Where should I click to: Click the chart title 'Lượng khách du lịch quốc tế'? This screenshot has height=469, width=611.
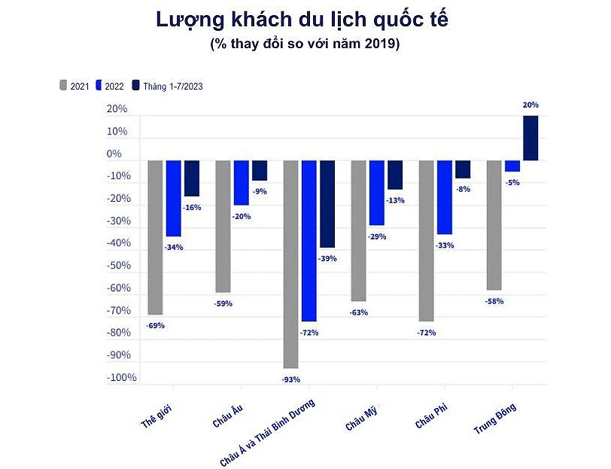(x=305, y=20)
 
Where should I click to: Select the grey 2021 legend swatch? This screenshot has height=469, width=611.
(x=64, y=85)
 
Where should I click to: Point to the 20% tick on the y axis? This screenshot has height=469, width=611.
(x=117, y=109)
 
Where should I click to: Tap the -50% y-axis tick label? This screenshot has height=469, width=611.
(x=118, y=266)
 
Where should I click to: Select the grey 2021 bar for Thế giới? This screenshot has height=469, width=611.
(x=155, y=237)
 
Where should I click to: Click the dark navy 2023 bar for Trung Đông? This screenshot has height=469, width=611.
(x=530, y=139)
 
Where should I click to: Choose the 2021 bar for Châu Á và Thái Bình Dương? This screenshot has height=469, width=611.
(x=290, y=263)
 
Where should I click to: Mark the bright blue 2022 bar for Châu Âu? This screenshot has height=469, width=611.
(x=241, y=183)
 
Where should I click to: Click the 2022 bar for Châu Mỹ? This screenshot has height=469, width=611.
(x=376, y=193)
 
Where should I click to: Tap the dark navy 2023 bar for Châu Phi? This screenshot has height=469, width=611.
(x=463, y=169)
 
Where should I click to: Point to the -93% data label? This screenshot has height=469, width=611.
(x=290, y=379)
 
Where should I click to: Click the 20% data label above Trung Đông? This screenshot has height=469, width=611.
(x=530, y=105)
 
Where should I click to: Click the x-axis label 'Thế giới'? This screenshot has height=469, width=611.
(x=157, y=416)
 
